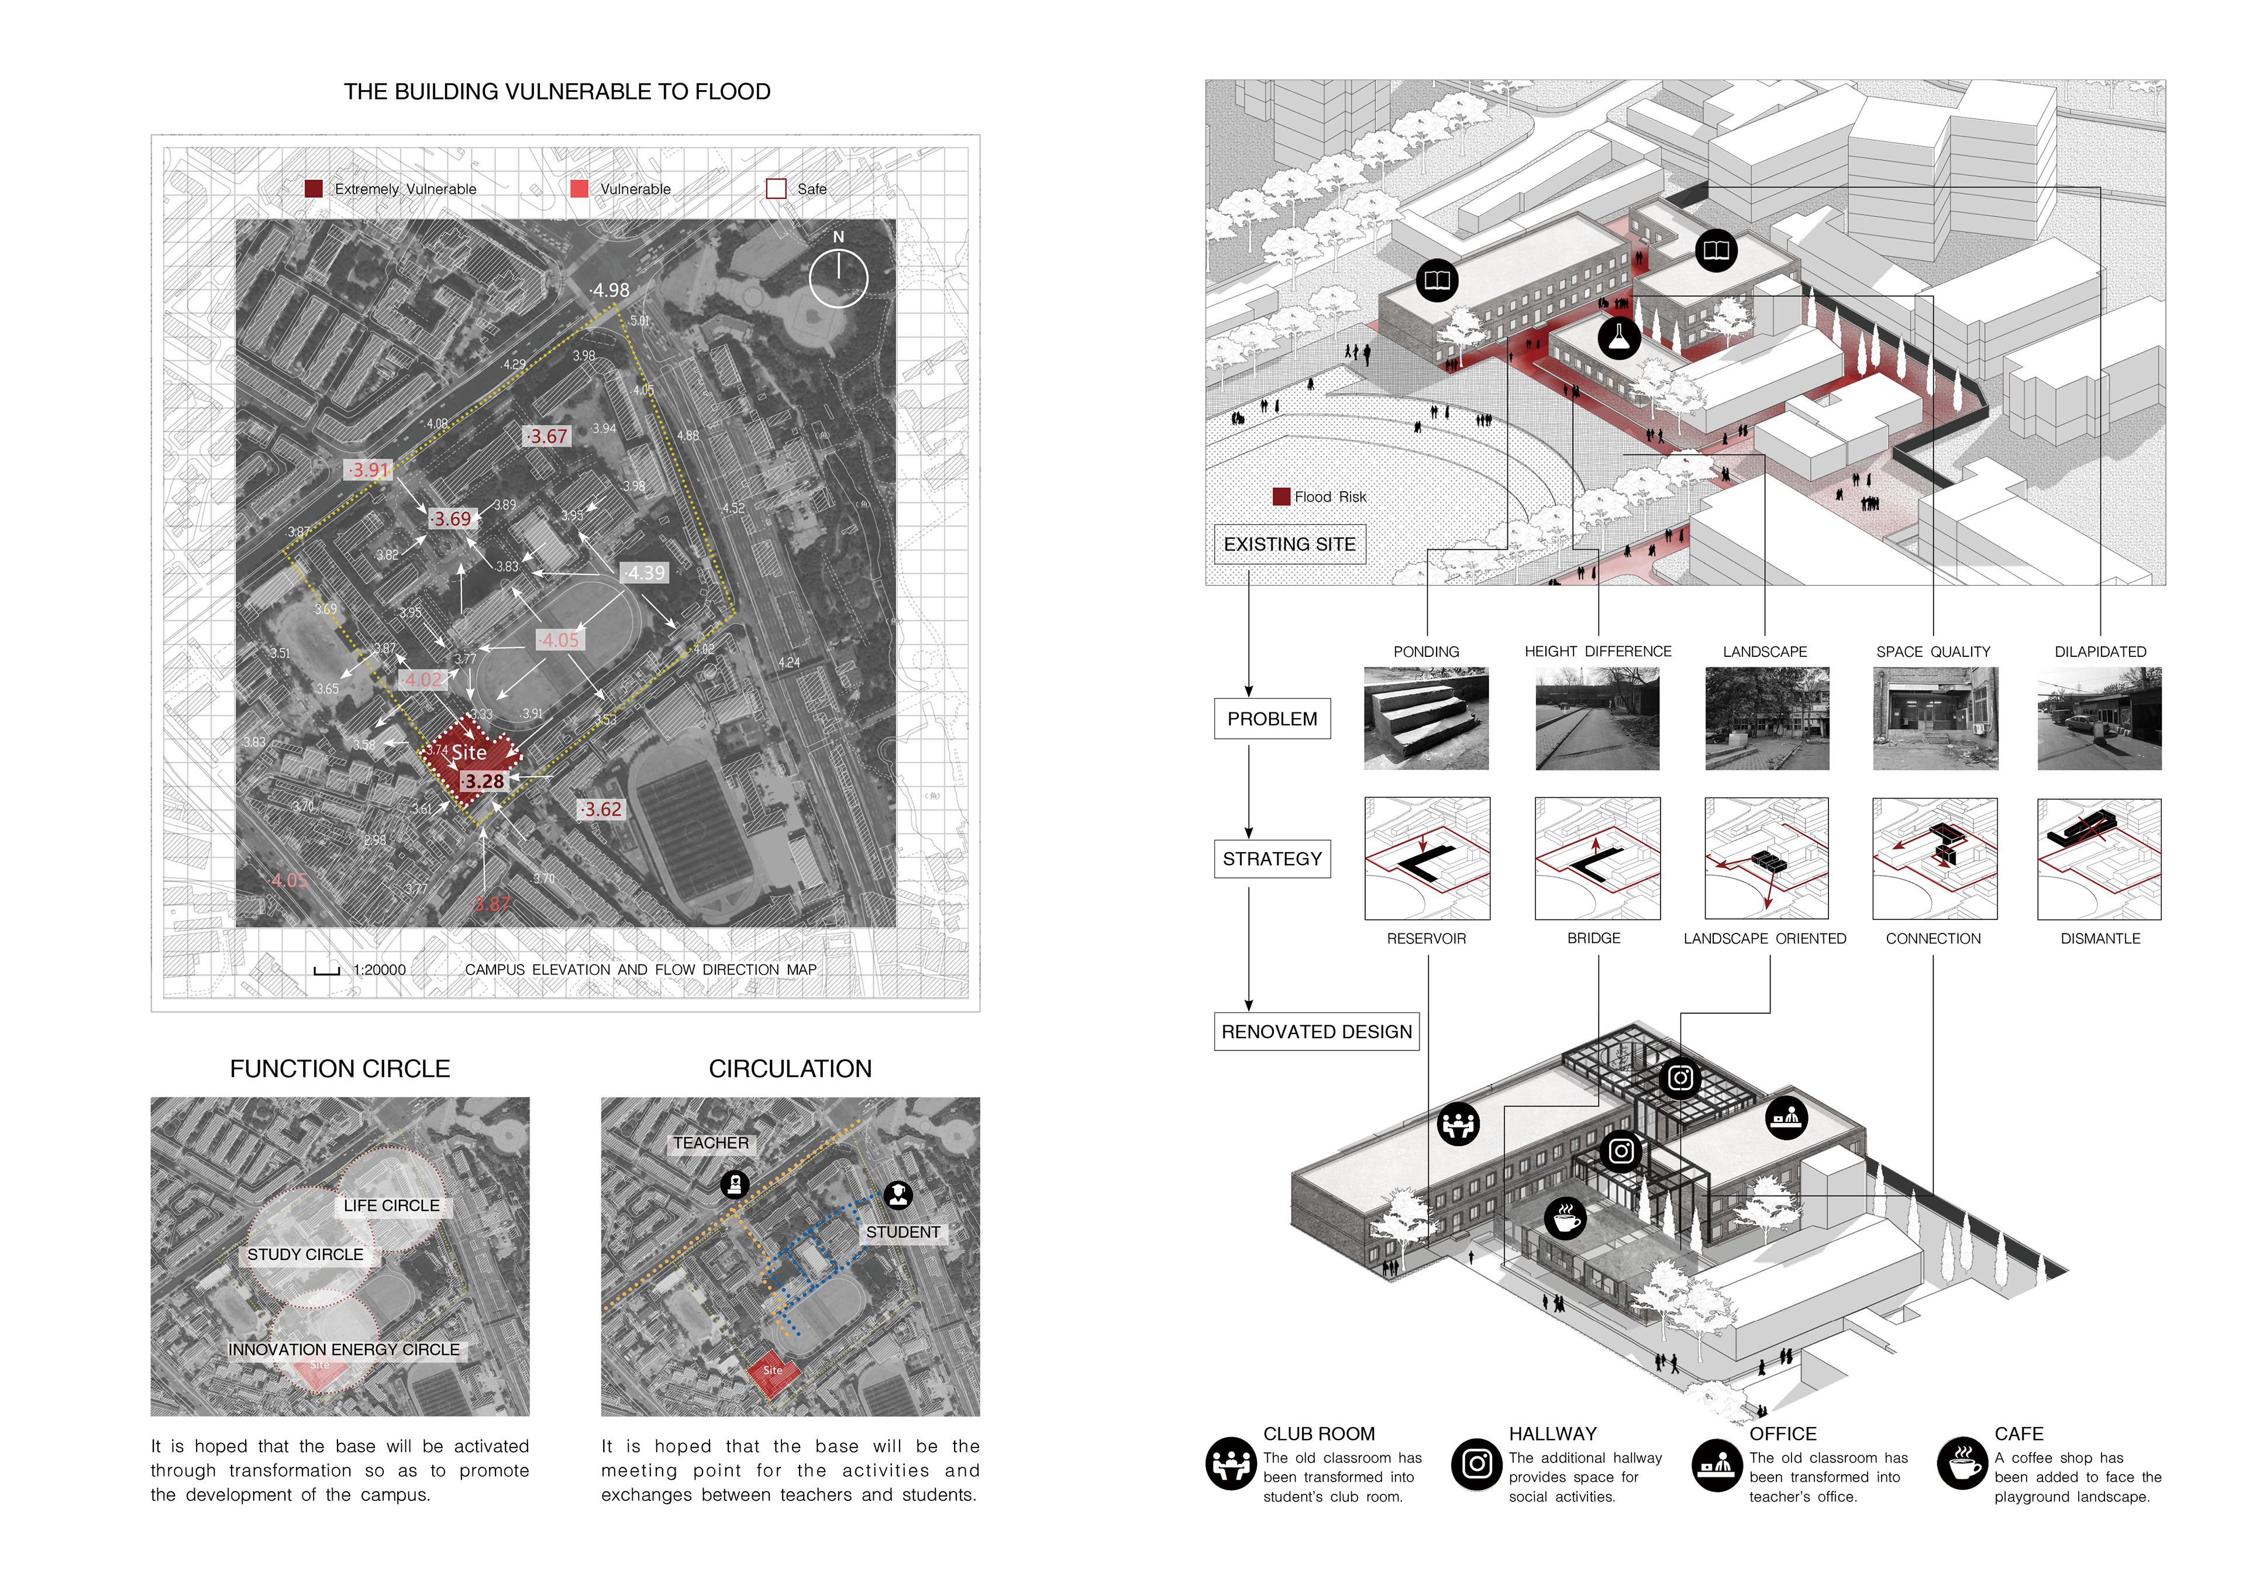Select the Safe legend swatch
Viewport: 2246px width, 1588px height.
point(776,189)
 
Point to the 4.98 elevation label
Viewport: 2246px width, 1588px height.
point(611,291)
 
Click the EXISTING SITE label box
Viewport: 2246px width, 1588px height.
point(1289,544)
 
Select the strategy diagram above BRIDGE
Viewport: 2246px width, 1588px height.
point(1596,858)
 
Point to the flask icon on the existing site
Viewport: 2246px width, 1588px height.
point(1619,337)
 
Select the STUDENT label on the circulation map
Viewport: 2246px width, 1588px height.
point(902,1232)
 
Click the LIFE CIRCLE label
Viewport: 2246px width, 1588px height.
point(391,1205)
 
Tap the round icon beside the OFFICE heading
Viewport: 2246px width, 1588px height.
point(1717,1465)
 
